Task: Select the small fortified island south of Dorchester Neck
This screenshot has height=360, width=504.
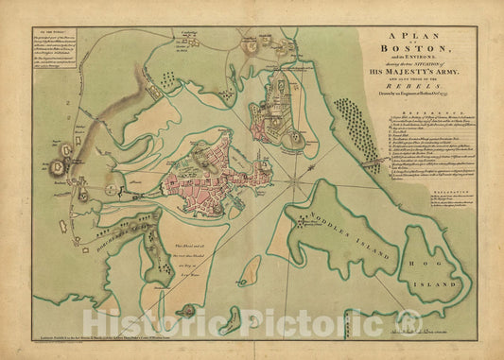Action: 190,310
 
